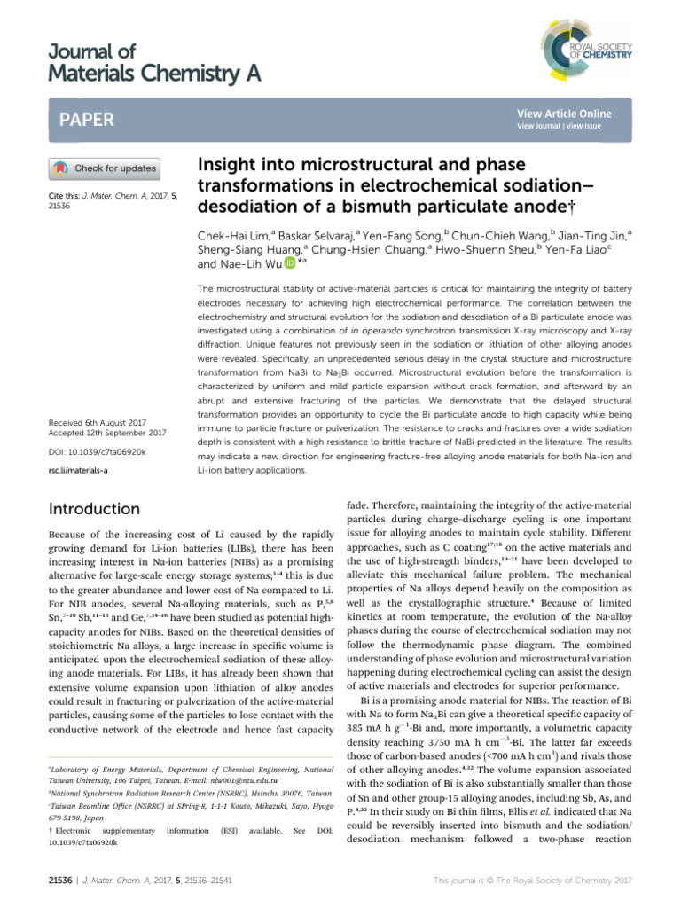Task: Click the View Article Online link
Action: coord(563,113)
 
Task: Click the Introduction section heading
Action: coord(95,509)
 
